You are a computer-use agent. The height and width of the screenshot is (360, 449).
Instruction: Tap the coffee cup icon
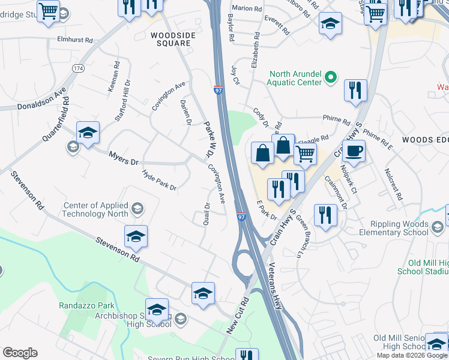[x=354, y=151]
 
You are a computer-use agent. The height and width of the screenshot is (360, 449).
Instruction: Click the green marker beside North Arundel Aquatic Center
[x=330, y=77]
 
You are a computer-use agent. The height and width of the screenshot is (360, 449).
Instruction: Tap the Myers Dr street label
[x=124, y=158]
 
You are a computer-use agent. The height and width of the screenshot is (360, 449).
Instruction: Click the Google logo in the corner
[x=20, y=353]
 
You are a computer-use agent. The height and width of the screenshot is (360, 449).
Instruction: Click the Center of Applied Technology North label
[x=96, y=209]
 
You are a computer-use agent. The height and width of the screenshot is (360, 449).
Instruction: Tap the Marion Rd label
[x=248, y=8]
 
